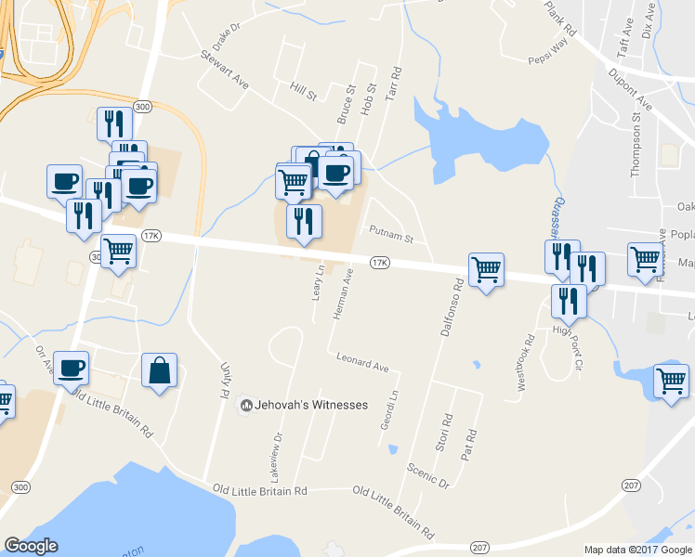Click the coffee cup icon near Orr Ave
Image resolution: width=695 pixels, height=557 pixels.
click(x=72, y=368)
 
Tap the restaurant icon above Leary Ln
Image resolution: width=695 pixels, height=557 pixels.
click(x=303, y=222)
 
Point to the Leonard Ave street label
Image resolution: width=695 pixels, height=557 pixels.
click(x=362, y=363)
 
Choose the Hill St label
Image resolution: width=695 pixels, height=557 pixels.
click(x=303, y=91)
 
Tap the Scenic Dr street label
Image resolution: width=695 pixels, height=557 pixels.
click(x=427, y=473)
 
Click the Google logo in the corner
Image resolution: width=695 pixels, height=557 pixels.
click(x=31, y=545)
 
